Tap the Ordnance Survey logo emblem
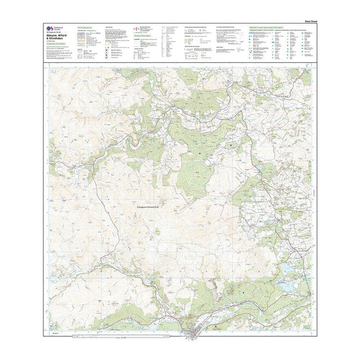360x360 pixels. point(50,28)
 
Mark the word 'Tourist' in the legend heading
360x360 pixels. point(261,27)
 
